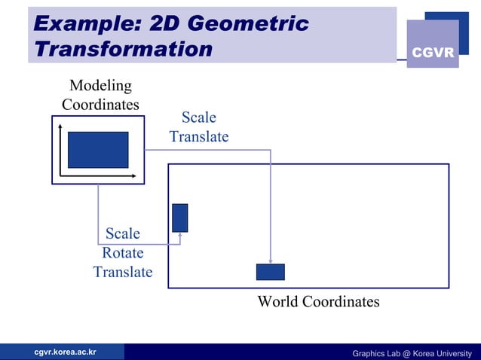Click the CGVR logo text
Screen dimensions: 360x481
click(432, 53)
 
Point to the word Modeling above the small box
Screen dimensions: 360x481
click(100, 86)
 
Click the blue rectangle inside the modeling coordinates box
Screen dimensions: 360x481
click(98, 149)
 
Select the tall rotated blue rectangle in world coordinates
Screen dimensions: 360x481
click(180, 218)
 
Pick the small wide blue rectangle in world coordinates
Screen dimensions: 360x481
click(270, 272)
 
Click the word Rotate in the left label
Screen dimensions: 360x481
click(123, 253)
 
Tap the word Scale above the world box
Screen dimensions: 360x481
click(199, 117)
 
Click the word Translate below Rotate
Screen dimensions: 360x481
click(123, 272)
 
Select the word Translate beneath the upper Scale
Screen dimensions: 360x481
click(199, 137)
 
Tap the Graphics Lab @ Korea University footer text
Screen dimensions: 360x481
click(412, 353)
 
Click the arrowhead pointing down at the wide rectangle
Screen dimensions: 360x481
click(270, 261)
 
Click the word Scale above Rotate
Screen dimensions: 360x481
click(123, 233)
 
